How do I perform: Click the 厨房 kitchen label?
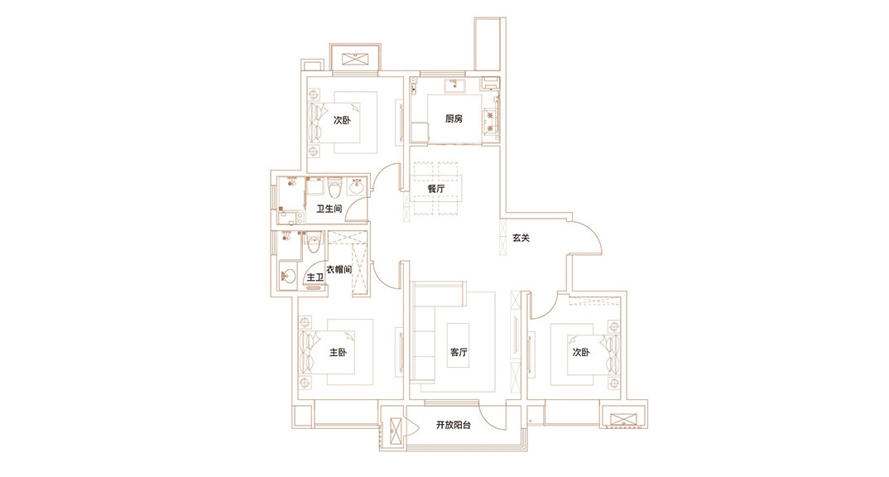pos(454,119)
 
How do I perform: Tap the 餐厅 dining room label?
pos(436,189)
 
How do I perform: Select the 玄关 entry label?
pos(521,238)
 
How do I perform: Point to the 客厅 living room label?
pos(459,353)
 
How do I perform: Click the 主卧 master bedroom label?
pos(338,354)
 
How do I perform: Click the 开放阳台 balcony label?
pos(454,426)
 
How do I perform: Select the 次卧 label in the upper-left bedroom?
pos(342,120)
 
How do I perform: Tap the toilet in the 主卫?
pos(313,243)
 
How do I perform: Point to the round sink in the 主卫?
pos(289,275)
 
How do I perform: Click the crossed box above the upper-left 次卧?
pos(355,60)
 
